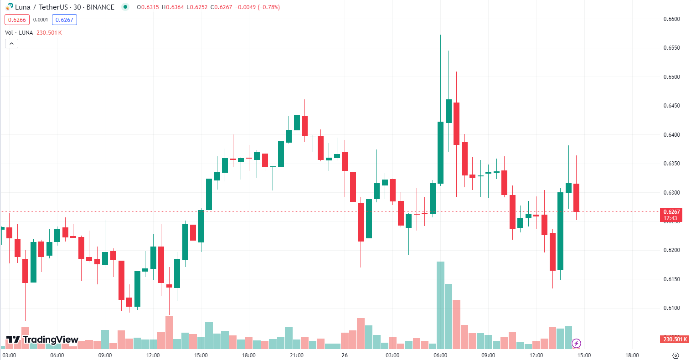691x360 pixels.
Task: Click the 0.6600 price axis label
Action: pos(671,19)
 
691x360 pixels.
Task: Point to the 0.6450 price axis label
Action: pos(671,106)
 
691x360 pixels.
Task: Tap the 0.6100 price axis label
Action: pos(671,308)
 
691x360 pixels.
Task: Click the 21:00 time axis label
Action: pos(297,355)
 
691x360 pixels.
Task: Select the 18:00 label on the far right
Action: pos(632,355)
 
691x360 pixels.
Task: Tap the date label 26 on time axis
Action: pos(345,355)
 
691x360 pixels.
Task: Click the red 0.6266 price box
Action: pos(17,20)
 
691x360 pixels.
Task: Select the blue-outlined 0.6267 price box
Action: pos(64,20)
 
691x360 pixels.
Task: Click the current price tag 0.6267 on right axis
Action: pos(672,212)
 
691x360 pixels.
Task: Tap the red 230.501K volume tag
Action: pos(675,339)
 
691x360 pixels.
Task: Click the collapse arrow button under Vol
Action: pos(11,44)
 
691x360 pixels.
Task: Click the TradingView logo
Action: pos(42,339)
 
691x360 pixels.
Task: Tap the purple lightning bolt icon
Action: pos(576,343)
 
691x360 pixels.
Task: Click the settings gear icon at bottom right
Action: pos(676,355)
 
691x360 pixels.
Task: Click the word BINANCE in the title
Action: pos(100,7)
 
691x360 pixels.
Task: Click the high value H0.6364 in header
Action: pos(173,7)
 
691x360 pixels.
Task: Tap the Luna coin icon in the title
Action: pos(10,7)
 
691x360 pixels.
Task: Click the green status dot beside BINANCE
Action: pos(125,7)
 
